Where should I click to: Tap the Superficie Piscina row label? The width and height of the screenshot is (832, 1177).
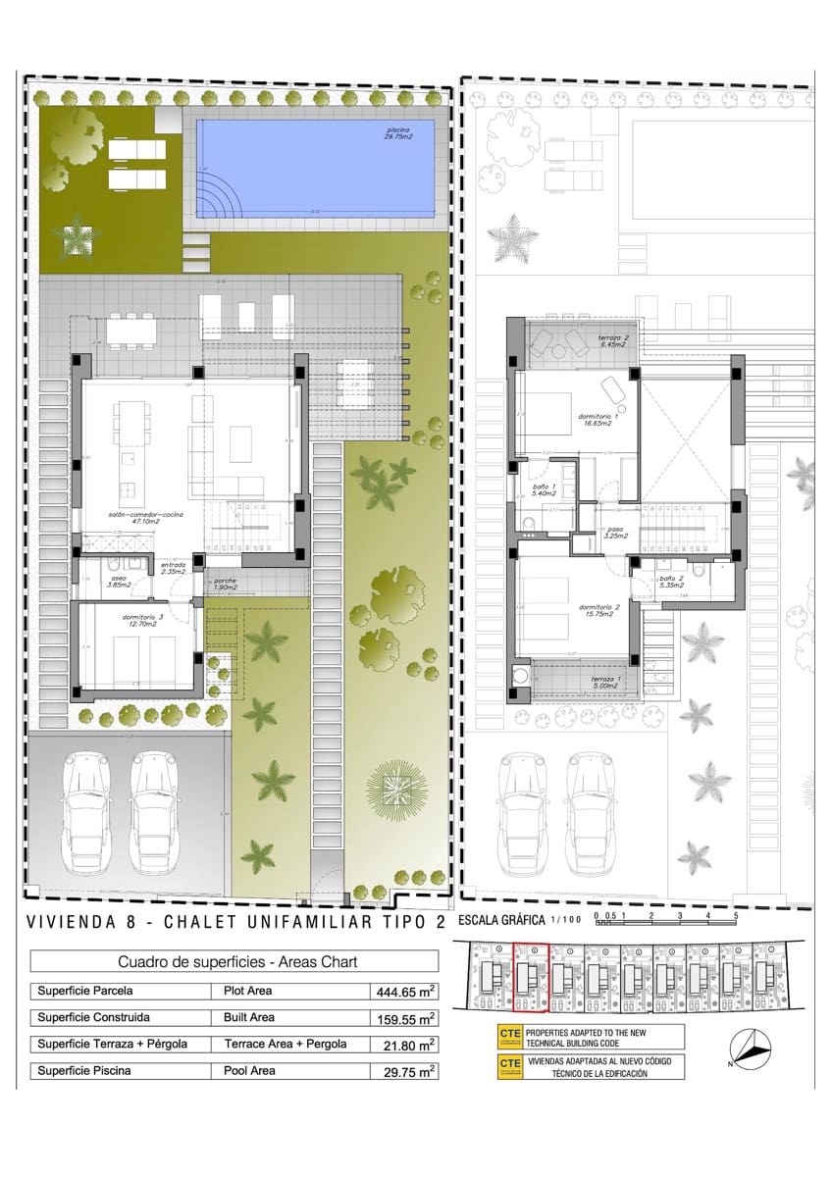click(84, 1071)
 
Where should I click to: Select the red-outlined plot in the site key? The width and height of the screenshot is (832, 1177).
click(531, 977)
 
